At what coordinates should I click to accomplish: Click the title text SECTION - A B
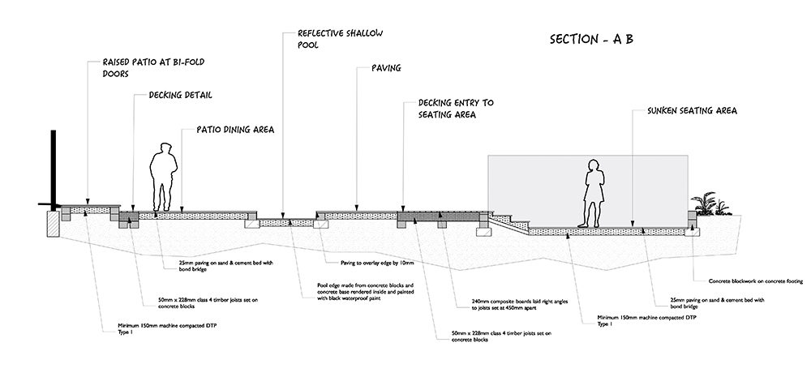coord(590,40)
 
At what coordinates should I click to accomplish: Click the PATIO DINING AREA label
coord(235,129)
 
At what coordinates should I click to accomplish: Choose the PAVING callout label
coord(386,68)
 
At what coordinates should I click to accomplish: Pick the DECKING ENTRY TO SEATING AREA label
coord(455,109)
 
